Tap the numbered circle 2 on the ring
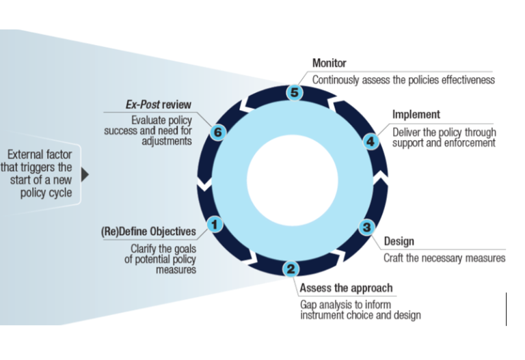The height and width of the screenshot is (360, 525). (x=291, y=269)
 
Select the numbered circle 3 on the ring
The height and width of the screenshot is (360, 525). (x=366, y=227)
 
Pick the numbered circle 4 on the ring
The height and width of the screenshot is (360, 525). (x=370, y=141)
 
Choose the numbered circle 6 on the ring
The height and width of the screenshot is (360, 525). (x=216, y=133)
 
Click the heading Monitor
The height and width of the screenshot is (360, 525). (x=329, y=64)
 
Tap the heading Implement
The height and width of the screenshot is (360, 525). (x=416, y=115)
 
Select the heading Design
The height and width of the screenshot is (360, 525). (x=399, y=242)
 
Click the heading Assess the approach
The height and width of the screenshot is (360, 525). (x=346, y=288)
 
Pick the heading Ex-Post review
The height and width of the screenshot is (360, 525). (x=158, y=105)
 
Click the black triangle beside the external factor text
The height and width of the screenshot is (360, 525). (x=85, y=174)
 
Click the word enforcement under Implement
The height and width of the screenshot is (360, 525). (x=470, y=143)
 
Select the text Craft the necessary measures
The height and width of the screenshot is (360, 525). (x=444, y=258)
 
